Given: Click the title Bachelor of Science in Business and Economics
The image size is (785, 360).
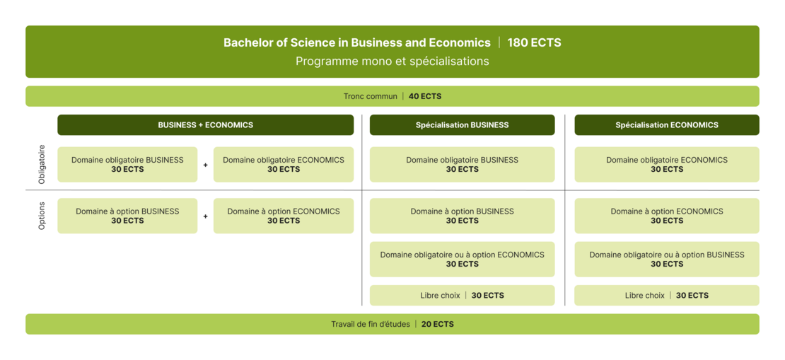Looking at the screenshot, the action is coord(357,42).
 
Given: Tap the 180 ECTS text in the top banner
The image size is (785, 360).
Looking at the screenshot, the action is coord(534,42).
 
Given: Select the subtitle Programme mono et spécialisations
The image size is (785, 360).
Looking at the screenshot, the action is coord(392,61).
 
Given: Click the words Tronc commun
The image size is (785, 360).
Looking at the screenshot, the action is coord(370,96).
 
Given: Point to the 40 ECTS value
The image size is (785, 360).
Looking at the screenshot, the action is coord(425,96).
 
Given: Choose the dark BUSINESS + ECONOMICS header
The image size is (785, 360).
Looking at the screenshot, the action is coord(205,124).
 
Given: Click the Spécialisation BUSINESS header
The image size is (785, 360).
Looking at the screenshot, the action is coord(462,124).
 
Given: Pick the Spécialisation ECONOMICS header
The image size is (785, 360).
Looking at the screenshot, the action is coord(667,124).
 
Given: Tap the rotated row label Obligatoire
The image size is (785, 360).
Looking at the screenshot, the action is coord(42,164).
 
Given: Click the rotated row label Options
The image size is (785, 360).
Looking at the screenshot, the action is coord(42,216).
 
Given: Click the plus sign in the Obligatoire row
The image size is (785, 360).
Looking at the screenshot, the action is coord(205,165).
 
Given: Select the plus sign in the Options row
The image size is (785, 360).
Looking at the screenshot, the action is coord(205,216).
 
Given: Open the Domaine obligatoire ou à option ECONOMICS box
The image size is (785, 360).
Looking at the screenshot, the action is coord(462,260).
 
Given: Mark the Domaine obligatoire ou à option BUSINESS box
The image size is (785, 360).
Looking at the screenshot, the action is coord(667,260).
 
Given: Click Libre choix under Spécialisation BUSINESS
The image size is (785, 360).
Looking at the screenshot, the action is coord(440,296).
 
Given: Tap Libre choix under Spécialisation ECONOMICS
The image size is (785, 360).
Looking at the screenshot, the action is coord(645,296).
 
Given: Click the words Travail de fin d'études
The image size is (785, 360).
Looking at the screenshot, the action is coord(371,324).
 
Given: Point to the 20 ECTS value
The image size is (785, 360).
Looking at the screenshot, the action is coord(438,324).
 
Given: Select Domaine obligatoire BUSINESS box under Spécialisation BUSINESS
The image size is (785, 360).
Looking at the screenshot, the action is coord(462,164).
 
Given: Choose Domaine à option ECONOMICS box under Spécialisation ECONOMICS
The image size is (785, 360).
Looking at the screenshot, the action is coord(667,216).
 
